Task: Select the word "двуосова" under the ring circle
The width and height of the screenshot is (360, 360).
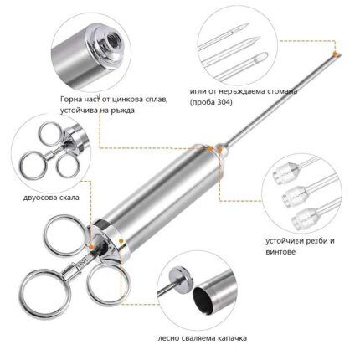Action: pos(40,198)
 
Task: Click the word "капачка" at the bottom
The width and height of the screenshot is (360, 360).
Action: pos(232,338)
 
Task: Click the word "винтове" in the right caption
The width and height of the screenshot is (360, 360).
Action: pos(280,252)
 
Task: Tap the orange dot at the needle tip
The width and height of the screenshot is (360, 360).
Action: pos(336,54)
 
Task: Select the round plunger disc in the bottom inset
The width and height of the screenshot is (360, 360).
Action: pos(183,278)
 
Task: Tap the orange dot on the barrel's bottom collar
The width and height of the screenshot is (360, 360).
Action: pos(121,240)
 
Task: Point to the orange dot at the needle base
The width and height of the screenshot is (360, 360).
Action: pos(219,150)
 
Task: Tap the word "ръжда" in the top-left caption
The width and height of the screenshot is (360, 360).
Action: pos(124,111)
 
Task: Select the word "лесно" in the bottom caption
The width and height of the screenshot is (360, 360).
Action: pos(168,338)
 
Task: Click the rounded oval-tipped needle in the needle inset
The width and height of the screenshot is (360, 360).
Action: pos(240,66)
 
